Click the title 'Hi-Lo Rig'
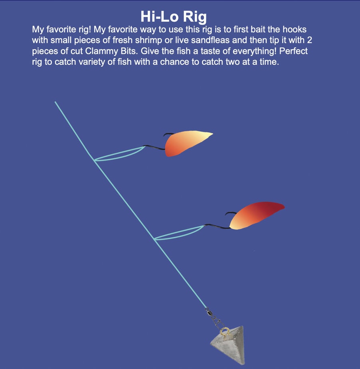pos(174,17)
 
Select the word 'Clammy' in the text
pos(102,51)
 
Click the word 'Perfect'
pos(293,51)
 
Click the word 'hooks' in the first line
pos(295,30)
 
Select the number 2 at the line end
pos(309,40)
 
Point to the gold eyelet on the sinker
pos(225,331)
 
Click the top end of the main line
pos(55,102)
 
